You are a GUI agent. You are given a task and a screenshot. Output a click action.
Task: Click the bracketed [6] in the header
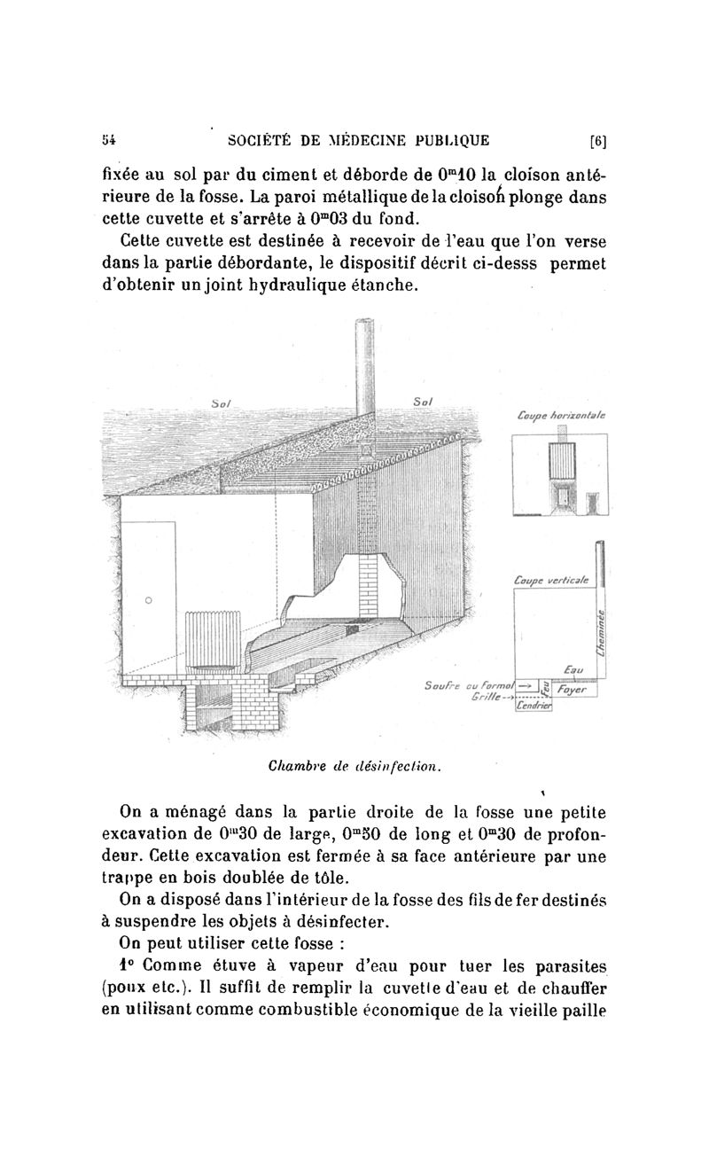pyautogui.click(x=597, y=140)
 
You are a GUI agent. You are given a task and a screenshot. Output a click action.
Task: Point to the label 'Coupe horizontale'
pyautogui.click(x=559, y=415)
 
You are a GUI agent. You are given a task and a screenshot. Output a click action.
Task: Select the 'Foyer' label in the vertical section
pyautogui.click(x=577, y=688)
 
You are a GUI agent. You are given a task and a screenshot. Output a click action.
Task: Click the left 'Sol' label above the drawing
pyautogui.click(x=221, y=403)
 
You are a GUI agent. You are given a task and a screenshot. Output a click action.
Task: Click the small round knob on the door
pyautogui.click(x=148, y=600)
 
